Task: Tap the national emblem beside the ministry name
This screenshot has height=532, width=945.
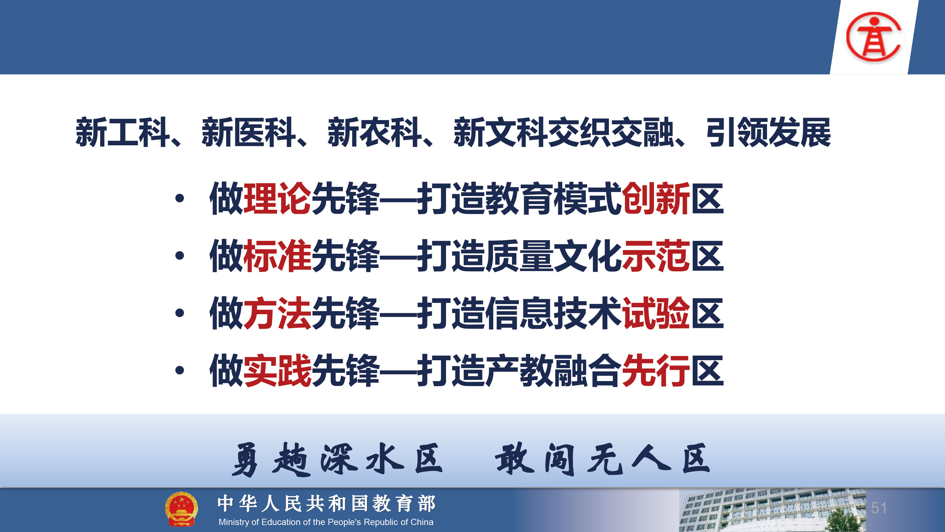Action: (x=181, y=509)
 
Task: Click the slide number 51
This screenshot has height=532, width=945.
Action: (x=879, y=508)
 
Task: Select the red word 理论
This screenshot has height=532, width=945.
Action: (x=277, y=198)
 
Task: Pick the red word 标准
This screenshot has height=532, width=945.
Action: (x=277, y=256)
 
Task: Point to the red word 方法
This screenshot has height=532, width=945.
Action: (x=277, y=313)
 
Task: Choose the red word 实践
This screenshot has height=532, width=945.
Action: (x=277, y=370)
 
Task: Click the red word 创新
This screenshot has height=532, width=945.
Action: (x=656, y=198)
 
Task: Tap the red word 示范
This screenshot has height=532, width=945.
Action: (x=656, y=256)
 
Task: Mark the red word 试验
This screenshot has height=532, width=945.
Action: (x=656, y=313)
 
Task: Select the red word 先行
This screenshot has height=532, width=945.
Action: (x=656, y=370)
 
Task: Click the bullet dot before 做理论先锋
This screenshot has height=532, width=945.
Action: (x=179, y=199)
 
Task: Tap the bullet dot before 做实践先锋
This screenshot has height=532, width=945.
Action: (x=179, y=370)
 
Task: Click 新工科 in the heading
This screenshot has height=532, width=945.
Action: (x=123, y=132)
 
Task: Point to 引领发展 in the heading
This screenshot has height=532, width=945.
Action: (x=769, y=132)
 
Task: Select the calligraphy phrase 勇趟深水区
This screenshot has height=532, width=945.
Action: (x=337, y=459)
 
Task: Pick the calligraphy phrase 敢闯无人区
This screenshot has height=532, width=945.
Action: (x=603, y=459)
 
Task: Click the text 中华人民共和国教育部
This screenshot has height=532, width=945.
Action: (x=326, y=503)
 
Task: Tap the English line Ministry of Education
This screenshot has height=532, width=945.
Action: (x=326, y=522)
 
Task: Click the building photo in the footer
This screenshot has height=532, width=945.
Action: (x=772, y=510)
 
